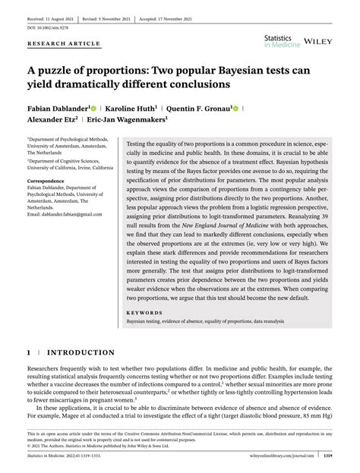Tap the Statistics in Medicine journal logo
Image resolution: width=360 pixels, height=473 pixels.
282,40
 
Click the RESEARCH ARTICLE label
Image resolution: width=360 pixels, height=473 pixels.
64,44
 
